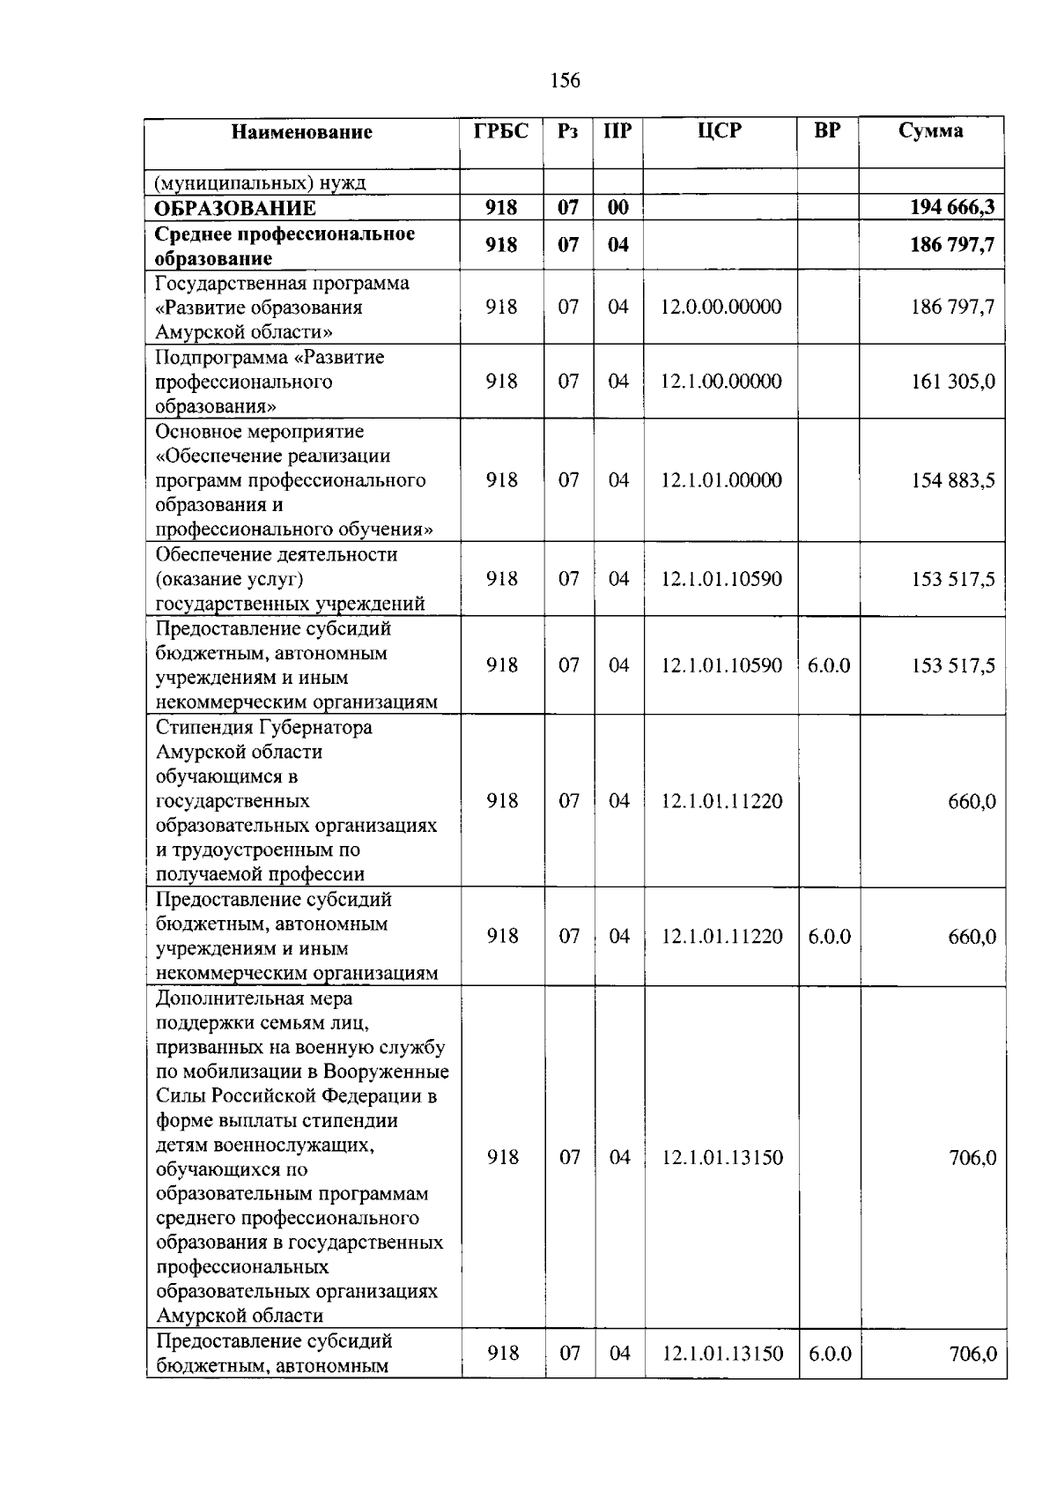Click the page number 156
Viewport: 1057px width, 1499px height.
tap(565, 81)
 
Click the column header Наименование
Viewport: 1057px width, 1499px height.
tap(301, 132)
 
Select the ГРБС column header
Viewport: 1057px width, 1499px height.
tap(500, 131)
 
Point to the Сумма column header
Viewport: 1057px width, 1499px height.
tap(930, 131)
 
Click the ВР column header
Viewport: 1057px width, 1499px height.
tap(827, 131)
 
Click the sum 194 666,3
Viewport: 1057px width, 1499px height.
tap(952, 208)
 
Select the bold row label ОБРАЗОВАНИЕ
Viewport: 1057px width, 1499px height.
tap(235, 209)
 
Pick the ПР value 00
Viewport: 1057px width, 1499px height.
tap(617, 208)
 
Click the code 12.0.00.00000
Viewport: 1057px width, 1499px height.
tap(721, 307)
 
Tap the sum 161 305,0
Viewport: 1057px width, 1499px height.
tap(953, 382)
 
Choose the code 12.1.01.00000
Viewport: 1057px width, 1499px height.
tap(721, 480)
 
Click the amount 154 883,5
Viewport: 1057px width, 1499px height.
tap(953, 480)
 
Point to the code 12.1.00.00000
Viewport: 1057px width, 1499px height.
tap(721, 382)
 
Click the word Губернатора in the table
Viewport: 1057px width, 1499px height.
tap(315, 728)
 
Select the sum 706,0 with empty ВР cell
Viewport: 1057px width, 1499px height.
tap(972, 1158)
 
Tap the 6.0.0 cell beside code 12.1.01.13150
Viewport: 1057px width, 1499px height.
tap(829, 1354)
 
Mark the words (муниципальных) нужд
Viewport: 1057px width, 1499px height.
tap(261, 183)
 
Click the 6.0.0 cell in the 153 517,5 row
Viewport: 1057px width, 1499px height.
tap(828, 665)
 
